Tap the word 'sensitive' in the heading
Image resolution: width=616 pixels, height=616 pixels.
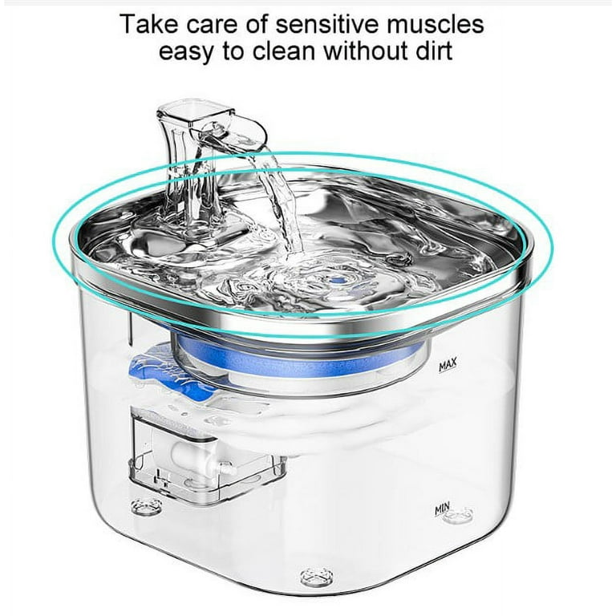327,24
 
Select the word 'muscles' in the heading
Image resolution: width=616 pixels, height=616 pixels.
436,24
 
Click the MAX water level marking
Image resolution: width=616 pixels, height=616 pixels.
448,365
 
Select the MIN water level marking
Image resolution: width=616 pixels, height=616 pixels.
443,509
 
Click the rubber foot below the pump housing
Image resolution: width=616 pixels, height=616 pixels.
147,507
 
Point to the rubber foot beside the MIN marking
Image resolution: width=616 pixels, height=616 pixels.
459,515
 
